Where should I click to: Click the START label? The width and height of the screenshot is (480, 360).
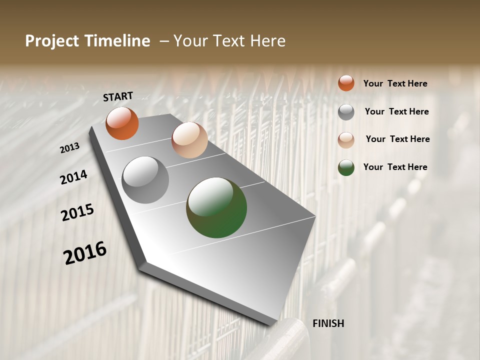(x=118, y=96)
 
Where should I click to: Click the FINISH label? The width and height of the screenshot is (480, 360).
(x=328, y=323)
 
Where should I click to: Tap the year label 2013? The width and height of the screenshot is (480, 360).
(x=70, y=148)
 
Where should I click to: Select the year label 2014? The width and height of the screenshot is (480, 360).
(x=74, y=177)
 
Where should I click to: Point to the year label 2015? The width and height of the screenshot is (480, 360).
(x=77, y=212)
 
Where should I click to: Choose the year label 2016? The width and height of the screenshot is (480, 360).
(x=85, y=253)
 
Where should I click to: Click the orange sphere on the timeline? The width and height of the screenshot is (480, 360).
(x=122, y=123)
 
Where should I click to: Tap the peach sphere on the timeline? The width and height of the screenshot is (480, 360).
(x=189, y=140)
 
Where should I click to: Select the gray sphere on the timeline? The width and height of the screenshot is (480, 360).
(x=145, y=180)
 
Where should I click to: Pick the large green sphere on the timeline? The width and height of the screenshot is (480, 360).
(x=216, y=207)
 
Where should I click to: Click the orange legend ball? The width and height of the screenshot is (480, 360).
(x=346, y=83)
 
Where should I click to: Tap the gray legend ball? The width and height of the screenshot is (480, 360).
(x=346, y=112)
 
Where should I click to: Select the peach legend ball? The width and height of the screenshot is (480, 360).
(x=346, y=140)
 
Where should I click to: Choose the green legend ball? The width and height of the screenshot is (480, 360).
(x=346, y=167)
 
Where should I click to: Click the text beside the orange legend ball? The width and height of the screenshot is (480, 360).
(x=395, y=83)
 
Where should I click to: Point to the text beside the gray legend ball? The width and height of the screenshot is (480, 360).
(x=396, y=111)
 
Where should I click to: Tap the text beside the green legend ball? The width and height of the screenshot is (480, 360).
(x=395, y=167)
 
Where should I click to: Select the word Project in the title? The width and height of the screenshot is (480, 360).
(x=51, y=41)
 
